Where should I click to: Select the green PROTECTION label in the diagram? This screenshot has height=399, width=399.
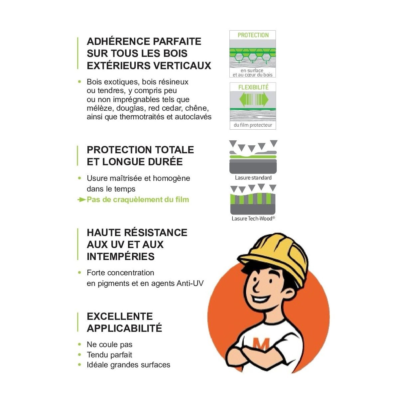point(253,35)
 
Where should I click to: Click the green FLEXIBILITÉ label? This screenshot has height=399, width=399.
point(253,87)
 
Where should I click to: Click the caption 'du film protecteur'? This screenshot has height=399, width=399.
point(253,125)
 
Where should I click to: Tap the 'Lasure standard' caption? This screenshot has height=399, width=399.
point(253,178)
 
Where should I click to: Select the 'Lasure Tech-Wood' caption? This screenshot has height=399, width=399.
point(253,218)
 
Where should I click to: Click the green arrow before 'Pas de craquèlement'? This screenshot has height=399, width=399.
point(81,199)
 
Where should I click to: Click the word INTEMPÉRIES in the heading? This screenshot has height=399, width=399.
point(121,257)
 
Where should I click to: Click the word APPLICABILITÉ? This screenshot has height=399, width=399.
point(124,328)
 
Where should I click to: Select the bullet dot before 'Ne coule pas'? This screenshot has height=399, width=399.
point(79,344)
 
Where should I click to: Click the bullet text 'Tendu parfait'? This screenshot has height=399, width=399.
point(109,355)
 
